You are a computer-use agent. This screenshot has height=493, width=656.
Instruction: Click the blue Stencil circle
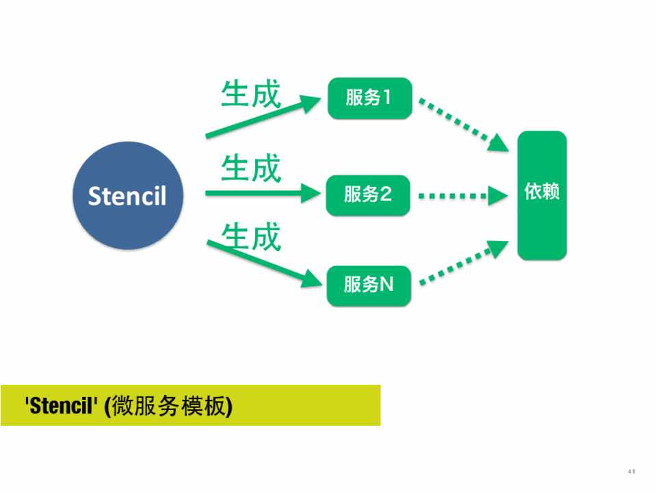[x=128, y=195]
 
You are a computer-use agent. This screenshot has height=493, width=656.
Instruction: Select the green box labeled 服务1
[x=369, y=98]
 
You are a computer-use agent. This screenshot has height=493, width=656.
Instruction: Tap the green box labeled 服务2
[x=368, y=195]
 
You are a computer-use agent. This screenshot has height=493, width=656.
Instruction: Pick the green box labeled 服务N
[x=369, y=284]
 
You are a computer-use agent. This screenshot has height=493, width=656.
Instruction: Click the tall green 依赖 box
[x=542, y=195]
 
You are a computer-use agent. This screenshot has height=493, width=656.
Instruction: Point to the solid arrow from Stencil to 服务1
[x=263, y=118]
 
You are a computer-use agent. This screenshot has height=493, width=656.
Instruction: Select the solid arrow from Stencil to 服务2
[x=263, y=194]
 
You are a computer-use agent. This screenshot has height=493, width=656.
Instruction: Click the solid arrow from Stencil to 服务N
[x=263, y=261]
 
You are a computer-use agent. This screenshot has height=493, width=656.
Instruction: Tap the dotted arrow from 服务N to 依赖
[x=463, y=262]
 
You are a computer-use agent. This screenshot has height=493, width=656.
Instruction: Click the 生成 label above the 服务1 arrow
[x=251, y=94]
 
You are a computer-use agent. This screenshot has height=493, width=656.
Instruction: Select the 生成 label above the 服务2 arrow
[x=251, y=168]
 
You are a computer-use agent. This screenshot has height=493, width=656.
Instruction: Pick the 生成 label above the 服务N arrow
[x=251, y=236]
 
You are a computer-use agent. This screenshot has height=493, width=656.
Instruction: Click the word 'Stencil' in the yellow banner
[x=60, y=407]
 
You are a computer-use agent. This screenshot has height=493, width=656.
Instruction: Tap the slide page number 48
[x=631, y=471]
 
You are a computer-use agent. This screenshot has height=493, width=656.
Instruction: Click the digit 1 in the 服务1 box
[x=387, y=98]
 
